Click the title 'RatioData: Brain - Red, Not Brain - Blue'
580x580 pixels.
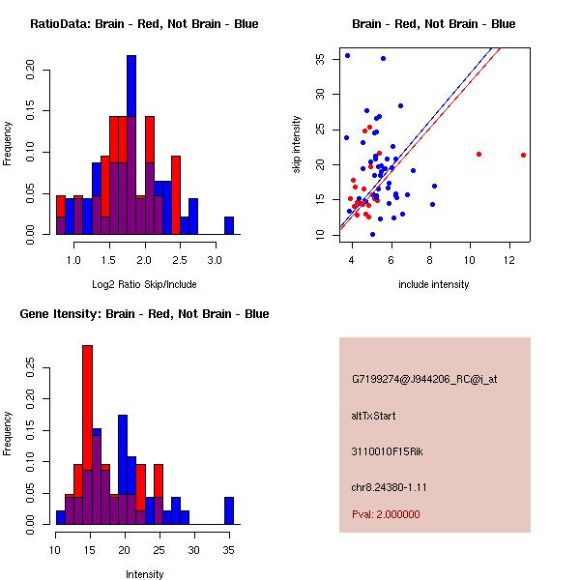(144, 24)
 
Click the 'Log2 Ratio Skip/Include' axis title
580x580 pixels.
(144, 283)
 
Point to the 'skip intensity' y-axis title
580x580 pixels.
(297, 144)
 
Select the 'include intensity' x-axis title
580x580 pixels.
(434, 284)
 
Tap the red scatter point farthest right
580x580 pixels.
(523, 155)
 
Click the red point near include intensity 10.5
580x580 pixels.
(478, 154)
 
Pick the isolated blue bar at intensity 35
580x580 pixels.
(229, 510)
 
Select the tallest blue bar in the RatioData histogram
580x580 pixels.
(130, 145)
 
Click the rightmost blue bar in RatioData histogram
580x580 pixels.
(229, 225)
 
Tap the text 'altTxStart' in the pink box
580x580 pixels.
(373, 416)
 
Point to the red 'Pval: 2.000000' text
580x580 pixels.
(386, 514)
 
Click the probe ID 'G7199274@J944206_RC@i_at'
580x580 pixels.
(424, 380)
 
